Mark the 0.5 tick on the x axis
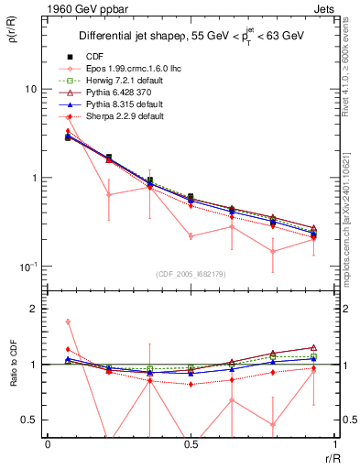pos(191,443)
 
